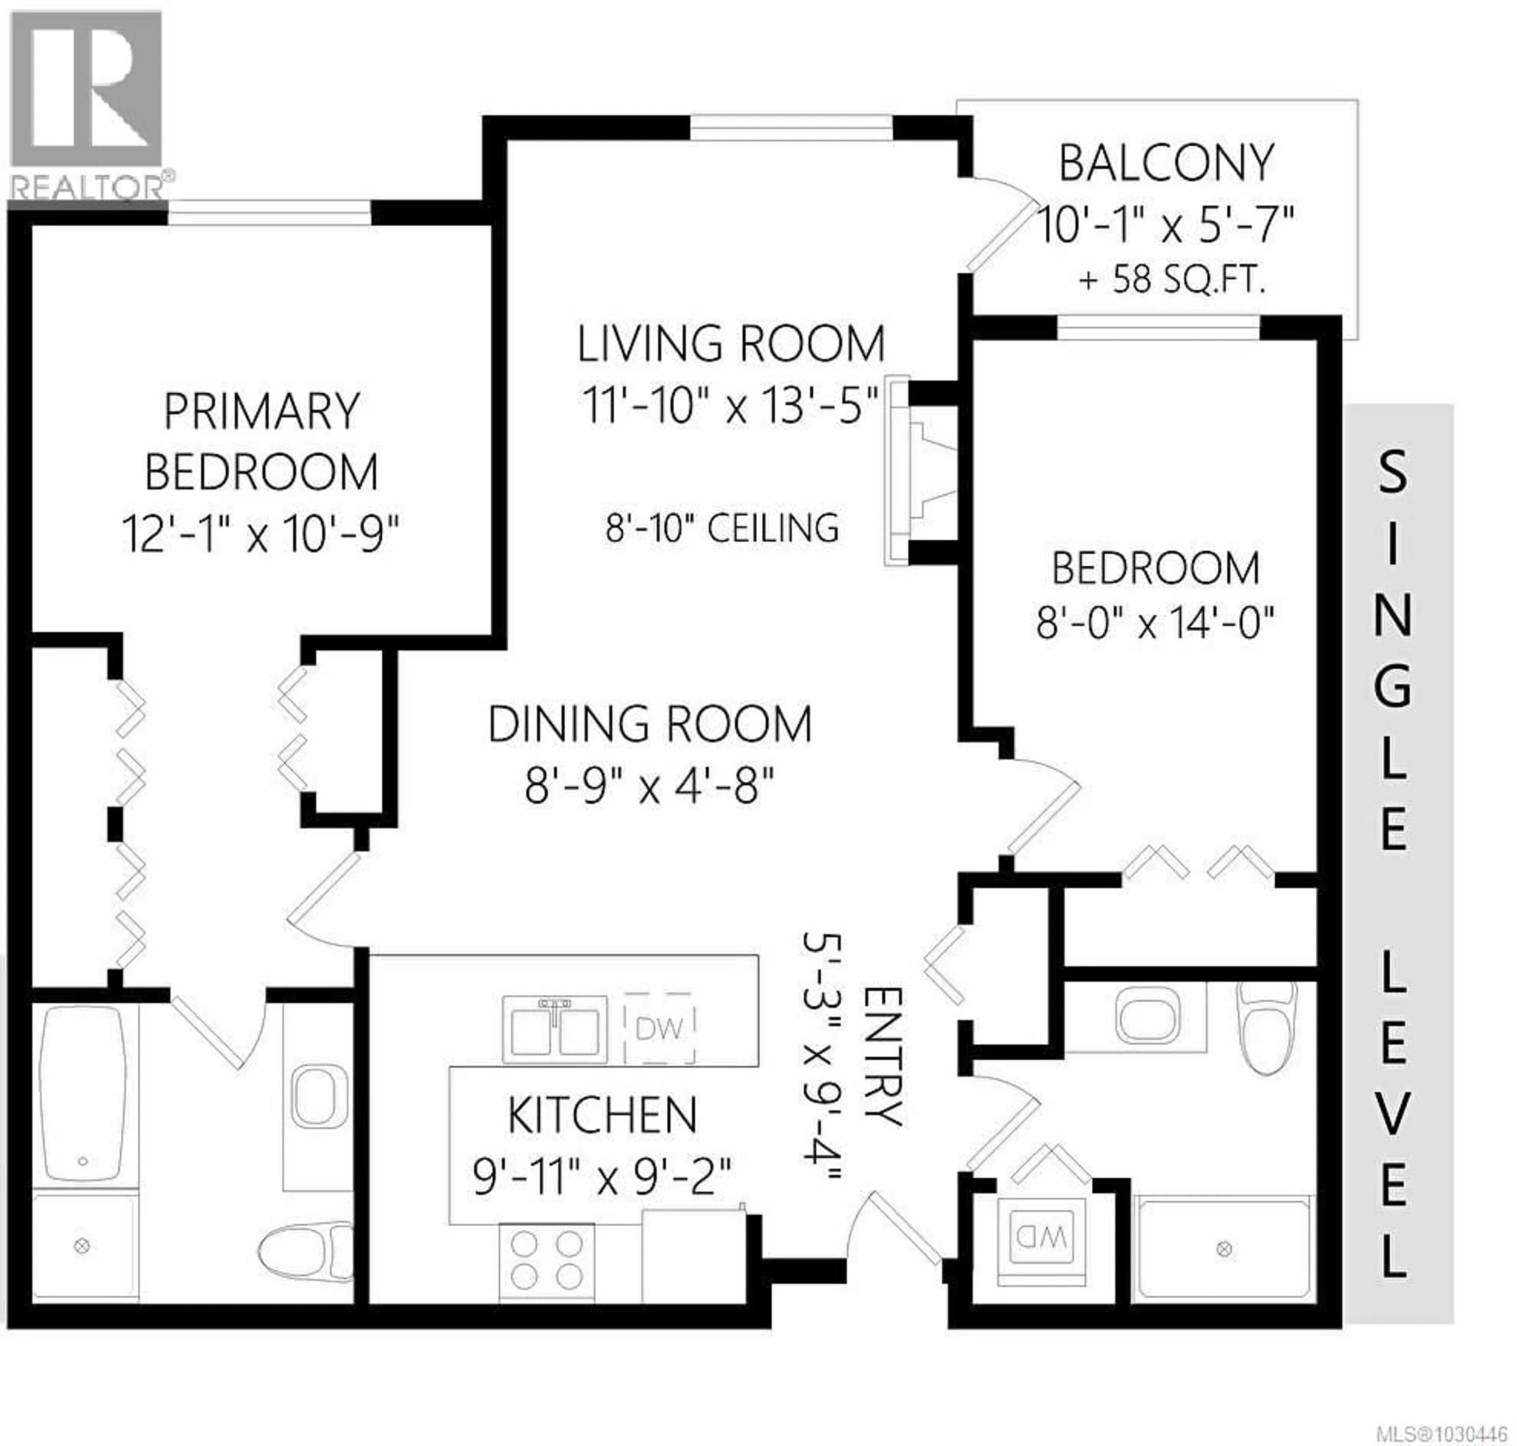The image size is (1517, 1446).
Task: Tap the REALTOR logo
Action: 87,104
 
